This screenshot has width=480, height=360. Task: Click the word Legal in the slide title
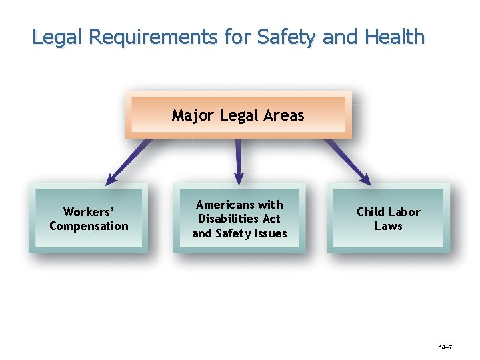click(x=56, y=37)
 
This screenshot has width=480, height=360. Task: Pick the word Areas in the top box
click(x=284, y=115)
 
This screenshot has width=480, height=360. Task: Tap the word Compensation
click(x=89, y=226)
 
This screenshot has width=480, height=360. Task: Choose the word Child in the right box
click(x=370, y=212)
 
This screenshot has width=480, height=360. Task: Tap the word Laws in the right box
click(x=388, y=226)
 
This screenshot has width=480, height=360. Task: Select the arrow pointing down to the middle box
click(x=239, y=161)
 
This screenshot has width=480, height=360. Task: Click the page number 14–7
click(x=446, y=348)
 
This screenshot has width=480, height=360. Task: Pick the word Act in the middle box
click(x=272, y=219)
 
